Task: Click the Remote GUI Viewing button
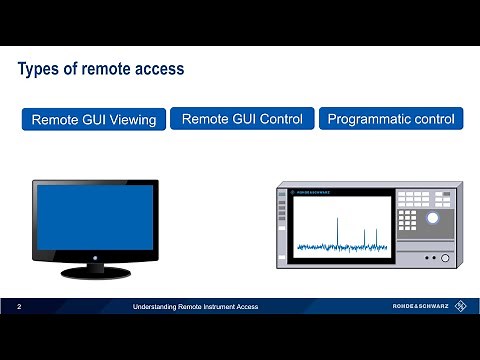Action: [94, 120]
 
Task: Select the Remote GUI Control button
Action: [243, 119]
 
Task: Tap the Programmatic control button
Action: [391, 119]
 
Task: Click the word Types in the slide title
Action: [40, 70]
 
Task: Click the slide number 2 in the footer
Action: [20, 306]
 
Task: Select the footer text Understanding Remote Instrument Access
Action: [196, 306]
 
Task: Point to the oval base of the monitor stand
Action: [96, 271]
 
